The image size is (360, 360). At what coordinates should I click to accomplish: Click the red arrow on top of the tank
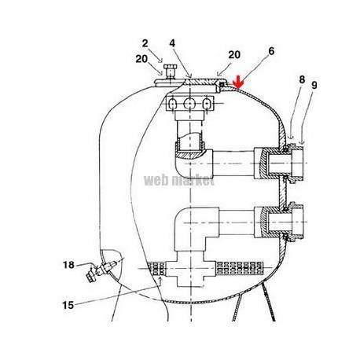point(238,83)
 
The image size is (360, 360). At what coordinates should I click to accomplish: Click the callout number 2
point(145,43)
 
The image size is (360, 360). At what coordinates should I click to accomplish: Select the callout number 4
point(172,43)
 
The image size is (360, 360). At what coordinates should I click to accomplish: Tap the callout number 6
point(271,51)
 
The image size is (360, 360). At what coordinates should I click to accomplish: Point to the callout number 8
point(302,79)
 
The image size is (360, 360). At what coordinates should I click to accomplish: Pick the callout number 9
point(314,85)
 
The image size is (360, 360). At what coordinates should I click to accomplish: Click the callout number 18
point(68,265)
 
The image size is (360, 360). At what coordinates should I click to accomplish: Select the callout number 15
point(68,305)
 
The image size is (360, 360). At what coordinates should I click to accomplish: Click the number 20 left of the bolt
point(141,59)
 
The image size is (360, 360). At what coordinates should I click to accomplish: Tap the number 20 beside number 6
point(234,55)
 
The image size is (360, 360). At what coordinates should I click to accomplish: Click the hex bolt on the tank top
point(169,72)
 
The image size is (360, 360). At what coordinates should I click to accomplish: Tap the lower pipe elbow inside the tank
point(197,228)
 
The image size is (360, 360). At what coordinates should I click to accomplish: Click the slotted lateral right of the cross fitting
point(239,268)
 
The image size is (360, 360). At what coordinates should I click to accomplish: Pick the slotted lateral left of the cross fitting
point(156,269)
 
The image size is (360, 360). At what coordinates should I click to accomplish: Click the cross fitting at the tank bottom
point(190,269)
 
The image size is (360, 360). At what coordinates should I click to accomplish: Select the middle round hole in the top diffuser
point(189,104)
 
